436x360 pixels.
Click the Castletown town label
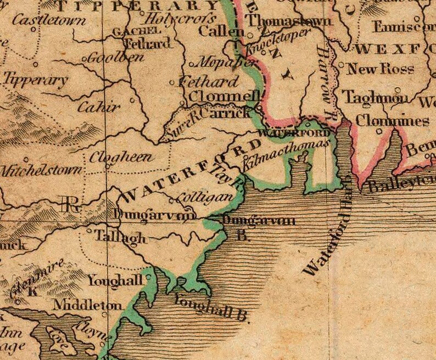[49, 21]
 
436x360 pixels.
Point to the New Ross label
[381, 69]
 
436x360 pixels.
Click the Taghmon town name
[376, 98]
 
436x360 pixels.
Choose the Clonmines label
[392, 120]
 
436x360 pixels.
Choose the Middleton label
[88, 305]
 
